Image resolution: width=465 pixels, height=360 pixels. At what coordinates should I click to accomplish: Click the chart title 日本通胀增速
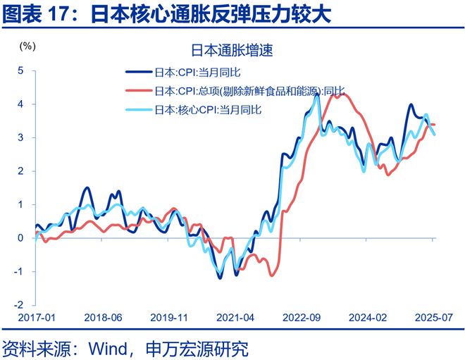point(232,51)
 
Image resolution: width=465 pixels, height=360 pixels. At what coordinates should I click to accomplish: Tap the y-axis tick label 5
point(21,70)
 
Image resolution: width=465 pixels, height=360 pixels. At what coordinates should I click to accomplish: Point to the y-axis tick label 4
point(21,104)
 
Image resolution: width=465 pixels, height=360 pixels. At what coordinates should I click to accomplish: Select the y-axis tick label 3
point(21,137)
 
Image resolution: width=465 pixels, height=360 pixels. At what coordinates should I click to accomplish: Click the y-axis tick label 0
point(21,238)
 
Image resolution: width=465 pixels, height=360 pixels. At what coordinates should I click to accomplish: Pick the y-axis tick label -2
point(19,305)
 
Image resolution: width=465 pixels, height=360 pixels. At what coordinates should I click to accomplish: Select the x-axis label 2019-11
point(168,318)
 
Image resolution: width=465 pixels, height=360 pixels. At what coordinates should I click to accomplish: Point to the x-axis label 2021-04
point(235,318)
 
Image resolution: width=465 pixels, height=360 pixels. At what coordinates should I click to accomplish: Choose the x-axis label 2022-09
point(302,318)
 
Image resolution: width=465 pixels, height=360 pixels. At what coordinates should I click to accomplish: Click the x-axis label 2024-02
point(368,318)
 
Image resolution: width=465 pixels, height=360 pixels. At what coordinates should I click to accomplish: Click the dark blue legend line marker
point(138,72)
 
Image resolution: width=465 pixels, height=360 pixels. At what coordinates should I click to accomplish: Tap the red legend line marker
point(138,91)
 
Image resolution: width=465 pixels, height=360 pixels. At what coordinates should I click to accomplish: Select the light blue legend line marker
point(138,110)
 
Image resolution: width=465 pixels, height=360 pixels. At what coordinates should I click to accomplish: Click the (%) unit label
point(27,46)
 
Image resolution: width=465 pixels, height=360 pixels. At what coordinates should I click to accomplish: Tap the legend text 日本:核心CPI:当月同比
point(208,110)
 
